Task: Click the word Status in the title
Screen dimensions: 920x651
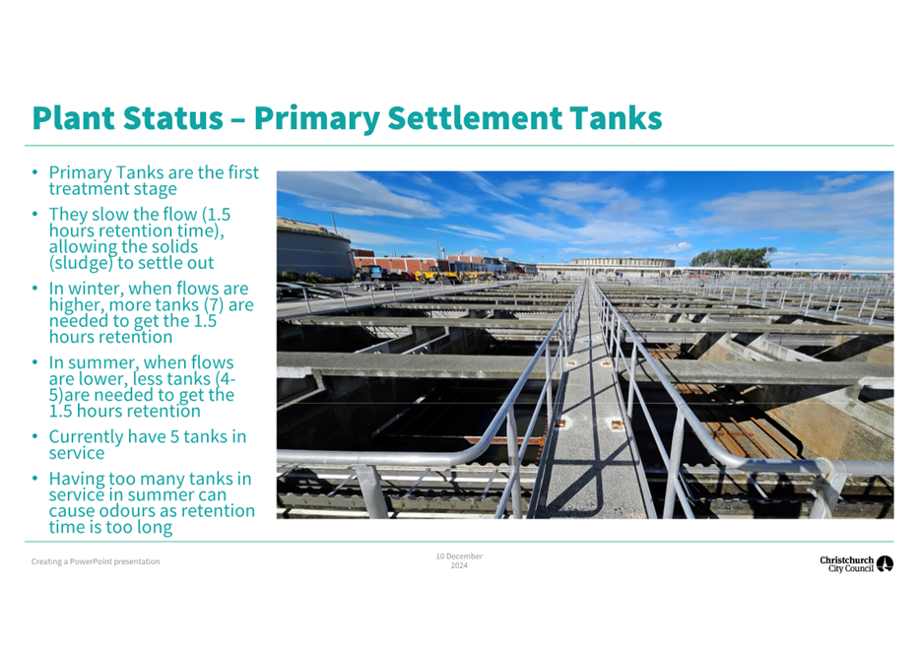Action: (173, 118)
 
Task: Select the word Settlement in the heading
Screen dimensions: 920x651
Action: (475, 118)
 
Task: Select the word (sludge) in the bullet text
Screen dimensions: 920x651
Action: (81, 263)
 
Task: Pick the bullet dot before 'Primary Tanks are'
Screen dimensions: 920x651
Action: (35, 172)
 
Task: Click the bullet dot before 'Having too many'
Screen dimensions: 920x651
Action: (35, 479)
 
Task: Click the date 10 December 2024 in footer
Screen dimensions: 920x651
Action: (459, 560)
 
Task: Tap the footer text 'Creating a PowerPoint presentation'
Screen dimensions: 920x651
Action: (96, 561)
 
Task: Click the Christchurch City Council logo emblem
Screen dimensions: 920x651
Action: (885, 563)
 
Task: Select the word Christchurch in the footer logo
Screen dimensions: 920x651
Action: (847, 560)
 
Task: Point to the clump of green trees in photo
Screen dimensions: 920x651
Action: (732, 257)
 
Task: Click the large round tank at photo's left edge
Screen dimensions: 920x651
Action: (314, 249)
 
